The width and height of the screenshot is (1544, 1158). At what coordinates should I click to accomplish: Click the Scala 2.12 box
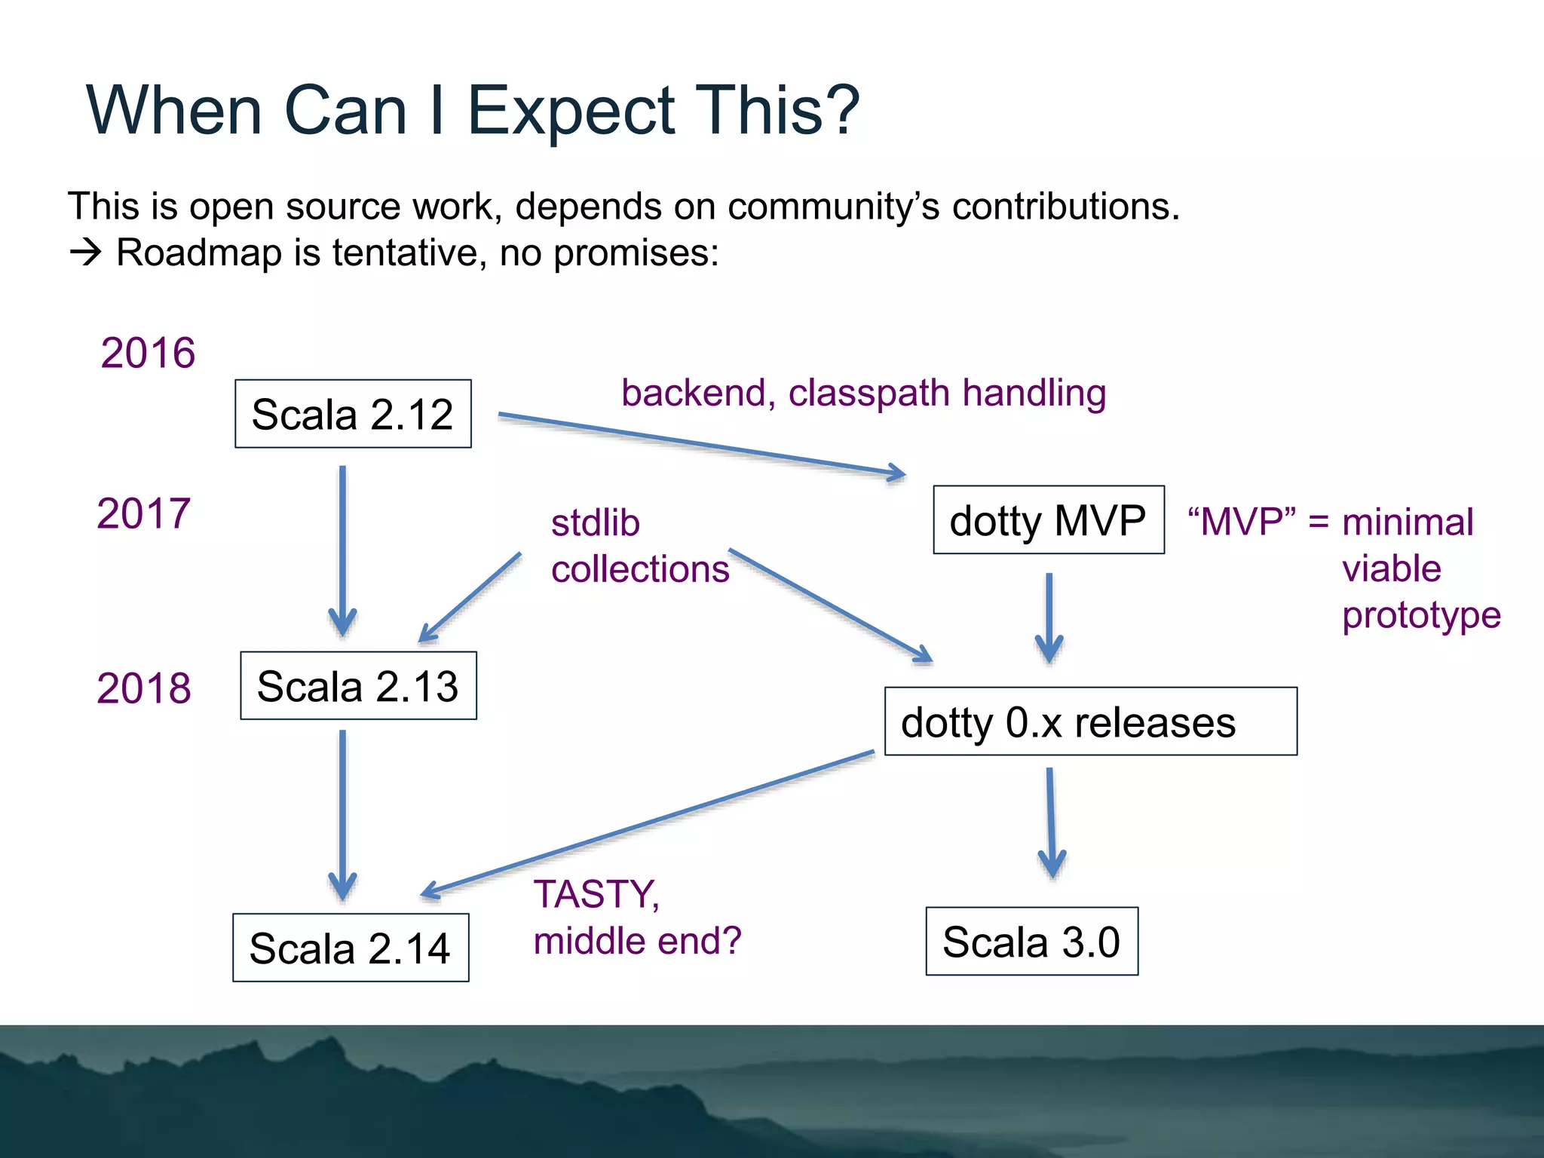pos(353,414)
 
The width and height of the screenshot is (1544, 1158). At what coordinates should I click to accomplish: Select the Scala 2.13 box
pos(358,685)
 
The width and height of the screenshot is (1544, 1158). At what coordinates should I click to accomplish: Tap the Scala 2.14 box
pos(351,948)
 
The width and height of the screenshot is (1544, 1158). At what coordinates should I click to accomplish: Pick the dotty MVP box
pos(1048,520)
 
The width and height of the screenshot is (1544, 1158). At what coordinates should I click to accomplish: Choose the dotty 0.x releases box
pos(1090,721)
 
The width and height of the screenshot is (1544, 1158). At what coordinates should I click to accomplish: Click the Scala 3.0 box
pos(1031,942)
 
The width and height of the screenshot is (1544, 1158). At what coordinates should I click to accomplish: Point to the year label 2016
pos(148,353)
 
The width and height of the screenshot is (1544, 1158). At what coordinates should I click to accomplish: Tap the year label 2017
pos(143,513)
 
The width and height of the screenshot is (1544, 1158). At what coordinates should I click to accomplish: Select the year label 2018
pos(143,688)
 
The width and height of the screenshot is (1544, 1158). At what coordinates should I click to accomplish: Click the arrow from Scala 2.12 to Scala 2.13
pos(342,550)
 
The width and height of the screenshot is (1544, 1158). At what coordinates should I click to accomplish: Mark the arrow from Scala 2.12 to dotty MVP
pos(701,445)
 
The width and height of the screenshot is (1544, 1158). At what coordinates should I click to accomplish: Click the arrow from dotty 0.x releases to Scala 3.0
pos(1050,822)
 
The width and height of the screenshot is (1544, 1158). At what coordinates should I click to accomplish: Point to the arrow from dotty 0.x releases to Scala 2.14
pos(648,823)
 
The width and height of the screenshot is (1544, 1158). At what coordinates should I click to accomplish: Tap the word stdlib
pos(596,522)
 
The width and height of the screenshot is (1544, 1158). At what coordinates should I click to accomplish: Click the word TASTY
pos(596,895)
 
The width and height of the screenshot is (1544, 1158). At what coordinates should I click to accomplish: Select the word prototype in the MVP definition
pos(1421,615)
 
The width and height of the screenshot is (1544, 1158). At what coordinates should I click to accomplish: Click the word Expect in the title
pos(571,111)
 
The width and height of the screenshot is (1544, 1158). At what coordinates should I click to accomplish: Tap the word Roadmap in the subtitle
pos(199,253)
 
